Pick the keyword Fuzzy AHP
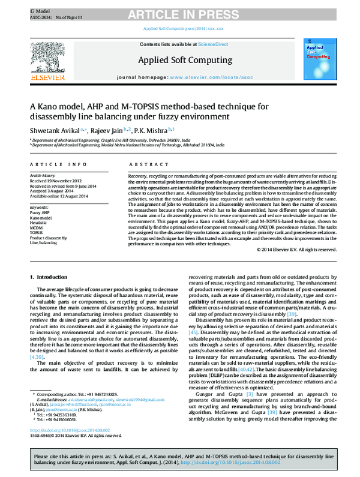[40, 212]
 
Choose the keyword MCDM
[37, 227]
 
